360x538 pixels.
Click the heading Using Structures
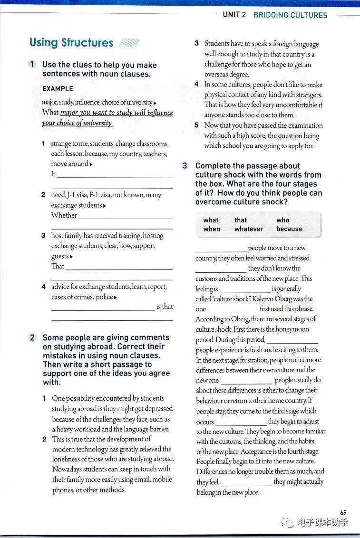click(x=71, y=42)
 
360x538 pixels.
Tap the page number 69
click(x=343, y=512)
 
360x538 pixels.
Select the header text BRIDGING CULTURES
click(x=290, y=15)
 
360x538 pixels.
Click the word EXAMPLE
click(x=58, y=89)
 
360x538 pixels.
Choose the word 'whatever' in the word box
click(x=249, y=229)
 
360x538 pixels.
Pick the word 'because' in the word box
click(x=289, y=229)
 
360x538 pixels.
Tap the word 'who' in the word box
click(x=282, y=220)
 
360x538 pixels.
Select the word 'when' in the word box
click(x=211, y=229)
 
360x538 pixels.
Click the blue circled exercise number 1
click(x=32, y=64)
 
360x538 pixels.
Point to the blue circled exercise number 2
click(x=32, y=337)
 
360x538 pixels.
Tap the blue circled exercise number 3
click(x=185, y=166)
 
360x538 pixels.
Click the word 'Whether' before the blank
click(x=64, y=215)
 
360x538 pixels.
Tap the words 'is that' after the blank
click(x=165, y=307)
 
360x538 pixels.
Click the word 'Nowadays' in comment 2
click(x=68, y=469)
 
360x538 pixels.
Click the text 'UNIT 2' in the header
click(x=234, y=15)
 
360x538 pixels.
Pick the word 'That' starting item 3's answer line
click(x=58, y=266)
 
